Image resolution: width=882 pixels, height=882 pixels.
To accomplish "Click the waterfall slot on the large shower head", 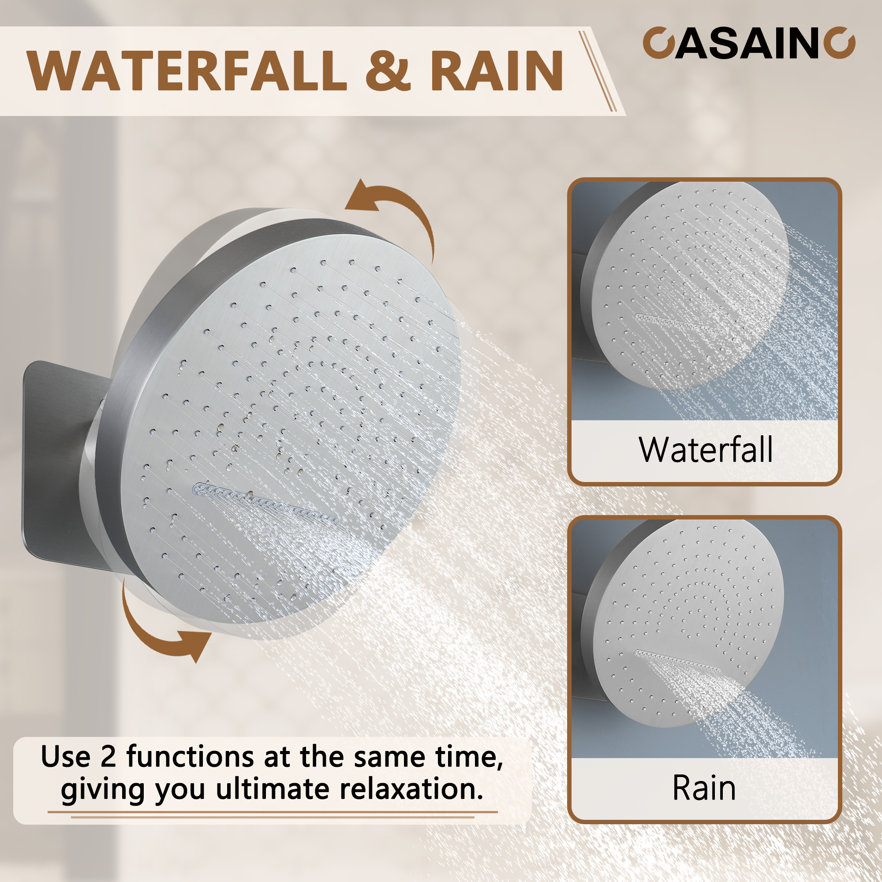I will (x=265, y=502).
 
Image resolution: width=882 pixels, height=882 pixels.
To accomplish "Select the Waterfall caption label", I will (x=705, y=450).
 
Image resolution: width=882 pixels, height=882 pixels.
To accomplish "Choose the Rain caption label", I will (x=704, y=788).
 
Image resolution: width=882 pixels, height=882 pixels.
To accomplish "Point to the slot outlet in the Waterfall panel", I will (x=676, y=322).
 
